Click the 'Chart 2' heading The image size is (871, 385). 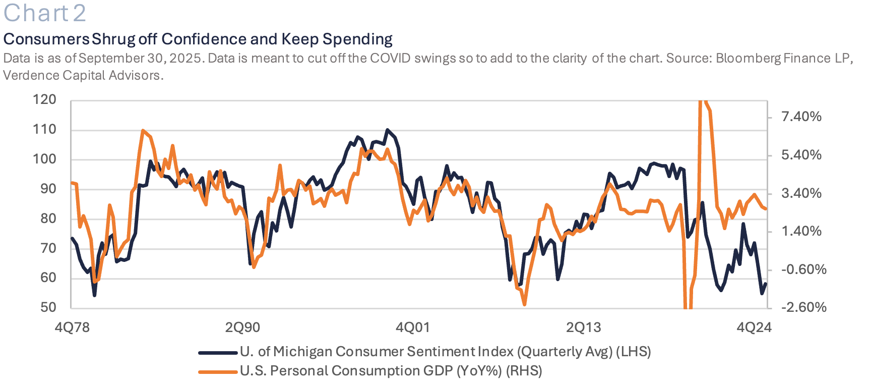click(x=45, y=13)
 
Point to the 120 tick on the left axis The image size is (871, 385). click(x=45, y=99)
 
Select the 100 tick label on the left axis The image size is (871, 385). click(x=45, y=159)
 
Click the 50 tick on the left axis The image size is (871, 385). click(x=48, y=307)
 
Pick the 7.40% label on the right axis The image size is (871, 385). click(x=801, y=117)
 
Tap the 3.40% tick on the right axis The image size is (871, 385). click(x=801, y=193)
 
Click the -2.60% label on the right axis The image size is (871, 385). click(x=803, y=307)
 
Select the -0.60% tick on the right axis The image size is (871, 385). click(x=803, y=269)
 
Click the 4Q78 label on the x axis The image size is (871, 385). click(x=72, y=327)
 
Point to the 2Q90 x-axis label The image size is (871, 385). click(x=242, y=327)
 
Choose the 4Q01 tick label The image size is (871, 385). click(x=413, y=327)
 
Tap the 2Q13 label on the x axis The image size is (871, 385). click(x=583, y=327)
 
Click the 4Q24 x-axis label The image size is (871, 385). click(x=754, y=327)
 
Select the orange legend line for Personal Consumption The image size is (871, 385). click(x=217, y=372)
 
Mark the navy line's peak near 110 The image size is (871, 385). click(x=387, y=130)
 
